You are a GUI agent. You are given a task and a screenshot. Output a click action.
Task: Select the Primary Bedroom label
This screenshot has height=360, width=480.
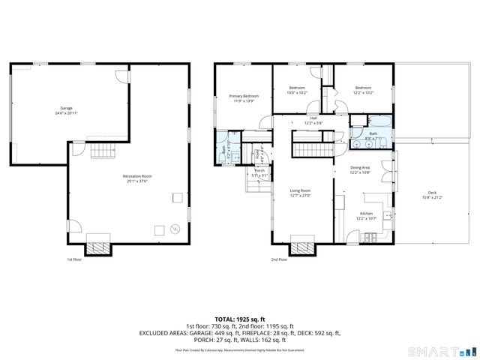pos(244,96)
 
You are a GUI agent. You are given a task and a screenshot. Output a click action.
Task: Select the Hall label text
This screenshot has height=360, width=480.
pos(313,118)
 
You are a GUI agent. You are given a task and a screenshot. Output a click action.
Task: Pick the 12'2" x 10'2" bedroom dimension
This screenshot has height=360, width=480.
pos(362,93)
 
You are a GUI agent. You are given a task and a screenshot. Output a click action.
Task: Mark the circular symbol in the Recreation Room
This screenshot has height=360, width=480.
pos(175,229)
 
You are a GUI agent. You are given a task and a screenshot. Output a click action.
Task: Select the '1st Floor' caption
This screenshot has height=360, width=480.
pos(73,260)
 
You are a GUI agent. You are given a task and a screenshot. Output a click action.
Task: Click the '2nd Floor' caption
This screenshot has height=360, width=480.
pos(279,260)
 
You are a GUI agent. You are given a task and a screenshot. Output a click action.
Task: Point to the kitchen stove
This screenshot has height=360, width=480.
pos(369,238)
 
